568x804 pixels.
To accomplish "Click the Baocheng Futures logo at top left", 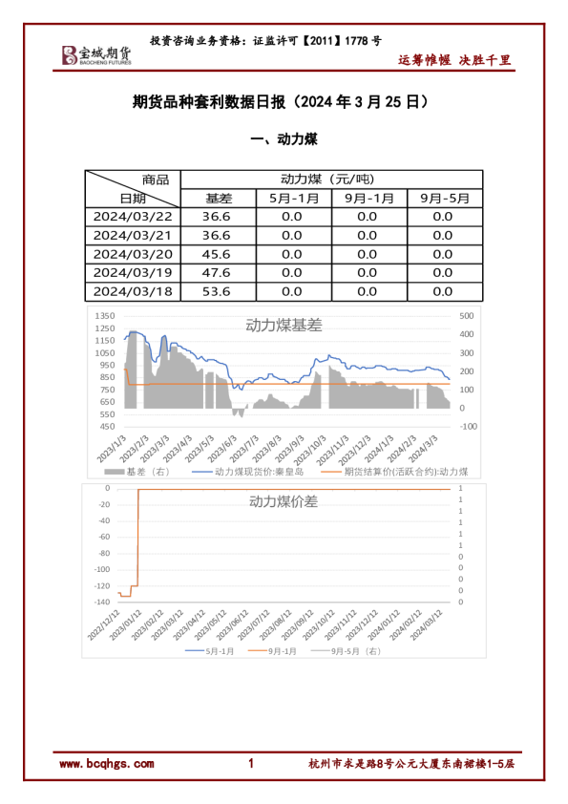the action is [x=96, y=55].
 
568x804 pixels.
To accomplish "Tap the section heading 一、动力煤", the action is [x=284, y=139].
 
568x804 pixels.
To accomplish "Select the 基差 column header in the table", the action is [x=219, y=199].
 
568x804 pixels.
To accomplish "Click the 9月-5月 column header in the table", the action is [x=445, y=199].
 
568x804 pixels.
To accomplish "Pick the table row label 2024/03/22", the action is [x=133, y=217].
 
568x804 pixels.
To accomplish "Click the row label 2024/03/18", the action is [x=133, y=291].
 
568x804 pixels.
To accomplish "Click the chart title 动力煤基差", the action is [x=284, y=325].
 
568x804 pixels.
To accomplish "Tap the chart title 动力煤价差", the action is [x=284, y=500].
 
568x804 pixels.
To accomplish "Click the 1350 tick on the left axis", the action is [x=105, y=316].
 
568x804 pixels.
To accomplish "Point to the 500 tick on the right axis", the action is [x=467, y=316].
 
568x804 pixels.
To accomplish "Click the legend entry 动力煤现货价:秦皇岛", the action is [x=254, y=472].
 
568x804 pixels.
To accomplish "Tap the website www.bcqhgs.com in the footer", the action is [x=106, y=764].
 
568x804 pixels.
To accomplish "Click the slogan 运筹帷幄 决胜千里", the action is [x=454, y=60].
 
